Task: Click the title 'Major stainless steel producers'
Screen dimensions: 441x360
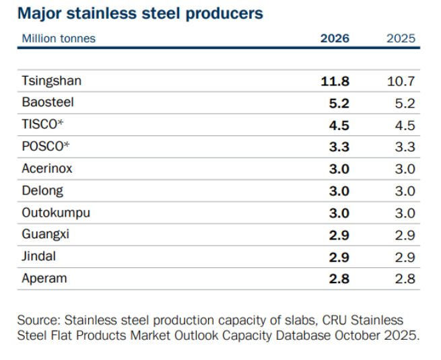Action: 140,13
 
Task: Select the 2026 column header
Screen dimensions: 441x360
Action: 335,38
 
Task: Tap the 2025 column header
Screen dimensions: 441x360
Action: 401,38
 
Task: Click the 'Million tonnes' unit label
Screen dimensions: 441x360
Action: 59,38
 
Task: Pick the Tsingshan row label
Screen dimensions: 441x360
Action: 52,81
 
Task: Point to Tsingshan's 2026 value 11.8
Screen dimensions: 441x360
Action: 335,81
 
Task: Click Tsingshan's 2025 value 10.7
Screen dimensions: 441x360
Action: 401,81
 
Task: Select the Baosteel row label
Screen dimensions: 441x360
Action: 48,102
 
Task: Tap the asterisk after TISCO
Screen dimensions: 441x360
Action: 60,122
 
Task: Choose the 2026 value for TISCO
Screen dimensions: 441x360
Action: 339,125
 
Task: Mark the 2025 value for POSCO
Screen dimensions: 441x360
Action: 405,147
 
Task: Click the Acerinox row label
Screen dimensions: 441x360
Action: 47,169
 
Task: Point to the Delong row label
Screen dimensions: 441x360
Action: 42,191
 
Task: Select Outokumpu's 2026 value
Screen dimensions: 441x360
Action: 339,213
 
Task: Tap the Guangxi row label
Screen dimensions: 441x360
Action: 46,235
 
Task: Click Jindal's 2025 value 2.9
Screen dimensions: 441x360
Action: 405,258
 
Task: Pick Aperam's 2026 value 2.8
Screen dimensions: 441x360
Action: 339,279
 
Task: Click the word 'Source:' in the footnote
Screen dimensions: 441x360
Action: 39,320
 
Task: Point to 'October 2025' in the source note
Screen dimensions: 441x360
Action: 376,335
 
